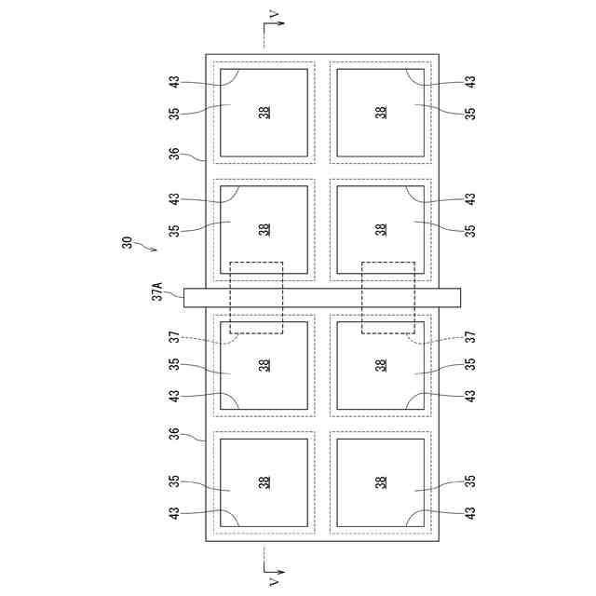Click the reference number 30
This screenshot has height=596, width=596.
tap(126, 243)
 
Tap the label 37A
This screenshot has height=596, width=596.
tap(158, 291)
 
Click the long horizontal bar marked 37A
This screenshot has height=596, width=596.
tap(322, 297)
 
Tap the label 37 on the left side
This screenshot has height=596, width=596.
tap(173, 337)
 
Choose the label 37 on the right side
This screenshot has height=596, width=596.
tap(470, 337)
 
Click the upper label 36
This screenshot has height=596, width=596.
tap(173, 154)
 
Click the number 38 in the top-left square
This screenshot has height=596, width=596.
tap(264, 113)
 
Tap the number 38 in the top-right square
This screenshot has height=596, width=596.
tap(381, 113)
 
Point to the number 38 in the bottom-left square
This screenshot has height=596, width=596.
tap(264, 482)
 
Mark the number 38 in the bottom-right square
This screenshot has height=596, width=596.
tap(381, 482)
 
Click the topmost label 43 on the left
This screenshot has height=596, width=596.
tap(173, 82)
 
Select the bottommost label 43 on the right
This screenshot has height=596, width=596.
tap(470, 512)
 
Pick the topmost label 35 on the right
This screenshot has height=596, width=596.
tap(470, 113)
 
